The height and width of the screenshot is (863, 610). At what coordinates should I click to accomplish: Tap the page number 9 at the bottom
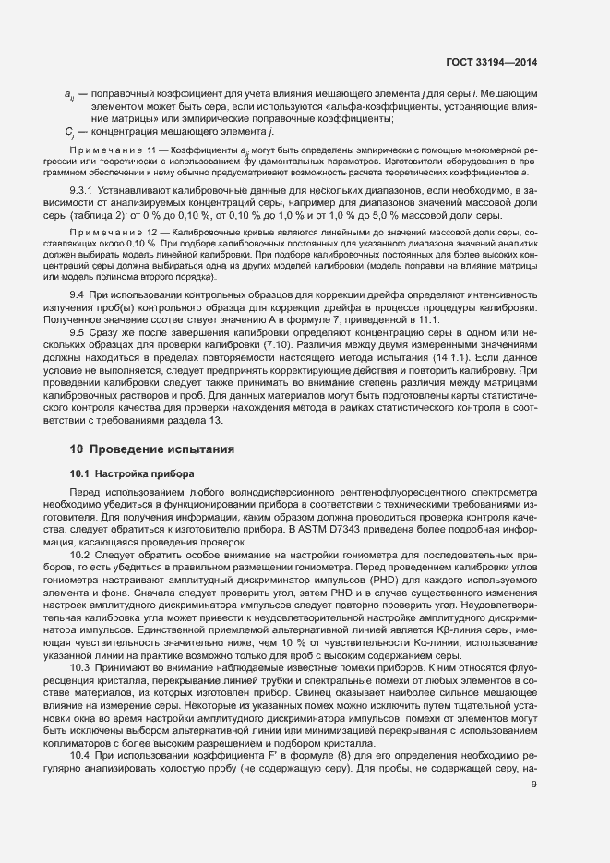[535, 785]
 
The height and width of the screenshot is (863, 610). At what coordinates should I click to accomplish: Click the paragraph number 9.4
[78, 293]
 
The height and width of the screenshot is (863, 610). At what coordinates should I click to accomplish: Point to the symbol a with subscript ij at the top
[69, 95]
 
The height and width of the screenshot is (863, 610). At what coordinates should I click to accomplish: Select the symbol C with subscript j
[69, 133]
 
